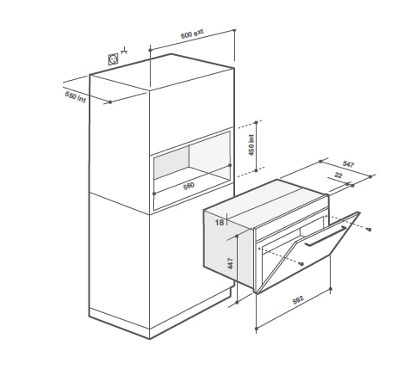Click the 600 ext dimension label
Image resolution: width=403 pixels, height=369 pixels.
[192, 34]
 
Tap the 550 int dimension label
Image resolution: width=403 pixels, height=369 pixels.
[76, 97]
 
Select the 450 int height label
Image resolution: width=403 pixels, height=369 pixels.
[251, 145]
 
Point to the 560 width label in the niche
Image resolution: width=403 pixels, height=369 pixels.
[189, 186]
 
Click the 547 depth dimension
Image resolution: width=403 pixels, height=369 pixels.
[349, 164]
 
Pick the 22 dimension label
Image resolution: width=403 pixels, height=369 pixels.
[338, 175]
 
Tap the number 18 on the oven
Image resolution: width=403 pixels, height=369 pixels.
[220, 222]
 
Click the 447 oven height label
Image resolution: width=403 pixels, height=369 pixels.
[231, 263]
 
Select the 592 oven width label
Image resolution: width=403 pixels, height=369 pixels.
[298, 300]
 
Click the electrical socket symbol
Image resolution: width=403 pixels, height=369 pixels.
[113, 59]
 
